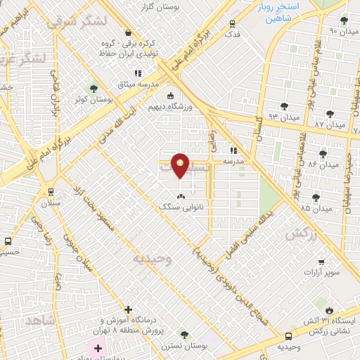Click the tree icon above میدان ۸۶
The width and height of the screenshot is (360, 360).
click(x=323, y=154)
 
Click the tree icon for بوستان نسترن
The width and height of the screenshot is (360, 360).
click(x=184, y=334)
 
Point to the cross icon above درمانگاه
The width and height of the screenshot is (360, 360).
click(x=127, y=309)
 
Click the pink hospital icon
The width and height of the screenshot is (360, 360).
click(x=96, y=347)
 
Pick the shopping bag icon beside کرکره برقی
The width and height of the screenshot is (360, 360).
click(x=127, y=32)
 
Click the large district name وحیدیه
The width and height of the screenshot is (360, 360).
click(x=151, y=258)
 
